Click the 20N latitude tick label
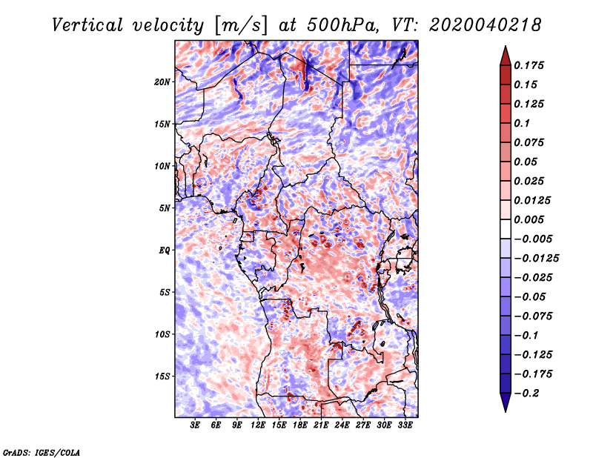(x=162, y=82)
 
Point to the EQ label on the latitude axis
(x=165, y=250)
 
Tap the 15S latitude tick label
(x=162, y=376)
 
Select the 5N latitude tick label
(x=165, y=208)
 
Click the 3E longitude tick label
(x=195, y=425)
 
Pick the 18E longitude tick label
(x=300, y=425)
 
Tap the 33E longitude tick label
(x=405, y=425)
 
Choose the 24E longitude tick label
(x=342, y=425)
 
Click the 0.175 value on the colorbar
(x=529, y=65)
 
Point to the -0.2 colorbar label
(x=526, y=394)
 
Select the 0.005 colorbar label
(x=529, y=219)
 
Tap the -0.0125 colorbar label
(x=536, y=259)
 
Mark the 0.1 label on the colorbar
(x=522, y=123)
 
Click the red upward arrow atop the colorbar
(x=506, y=56)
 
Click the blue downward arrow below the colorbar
(x=506, y=402)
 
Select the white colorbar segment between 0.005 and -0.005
(x=506, y=229)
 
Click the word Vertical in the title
(x=87, y=25)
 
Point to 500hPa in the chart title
(x=342, y=25)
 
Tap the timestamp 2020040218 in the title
(x=486, y=25)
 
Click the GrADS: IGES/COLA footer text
(x=42, y=452)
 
